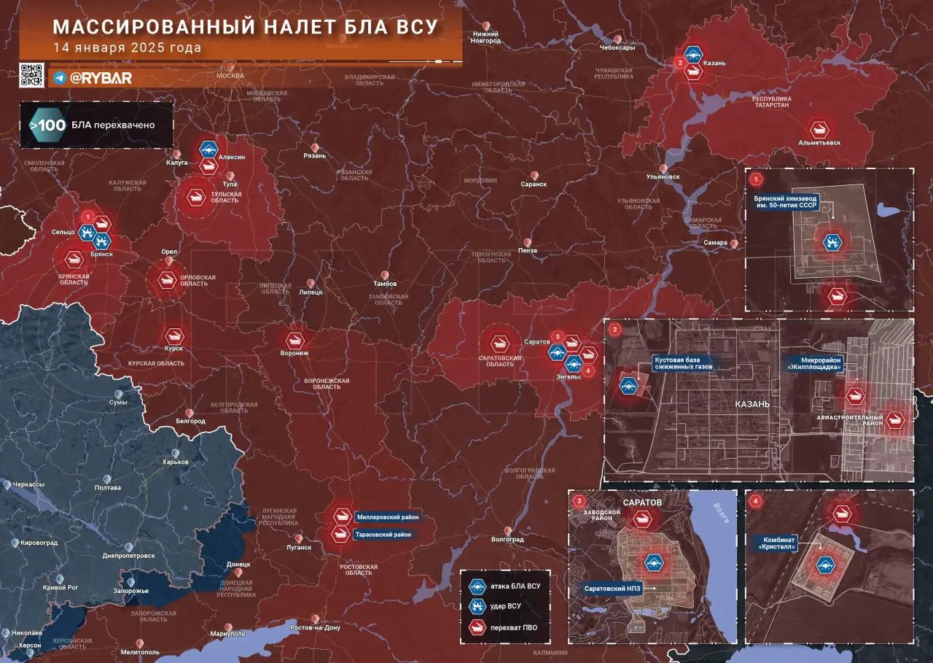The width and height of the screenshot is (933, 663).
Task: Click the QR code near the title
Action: [x=32, y=76]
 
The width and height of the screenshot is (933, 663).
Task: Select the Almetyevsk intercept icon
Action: [x=820, y=129]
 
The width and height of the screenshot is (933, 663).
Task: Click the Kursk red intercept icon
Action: [x=173, y=336]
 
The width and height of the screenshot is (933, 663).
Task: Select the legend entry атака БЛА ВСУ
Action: [x=514, y=586]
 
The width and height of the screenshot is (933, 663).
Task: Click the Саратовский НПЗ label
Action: [x=612, y=588]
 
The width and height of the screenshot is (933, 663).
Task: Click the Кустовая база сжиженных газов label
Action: [x=682, y=362]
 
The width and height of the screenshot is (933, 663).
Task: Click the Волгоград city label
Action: [x=507, y=540]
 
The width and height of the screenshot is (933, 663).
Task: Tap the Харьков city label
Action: [x=176, y=462]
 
